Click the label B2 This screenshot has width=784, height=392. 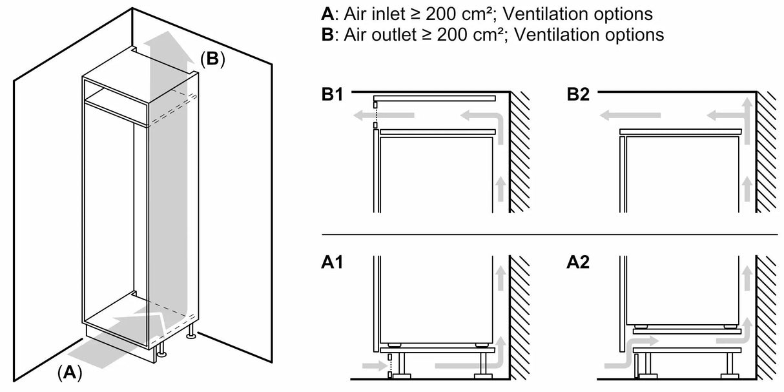coord(579,96)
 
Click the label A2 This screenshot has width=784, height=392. coord(579,263)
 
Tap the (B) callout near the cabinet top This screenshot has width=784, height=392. coord(212,59)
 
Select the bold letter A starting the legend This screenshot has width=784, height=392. coord(327,14)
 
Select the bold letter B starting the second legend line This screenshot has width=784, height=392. coord(327,34)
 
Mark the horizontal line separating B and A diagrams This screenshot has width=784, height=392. coord(549,234)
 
